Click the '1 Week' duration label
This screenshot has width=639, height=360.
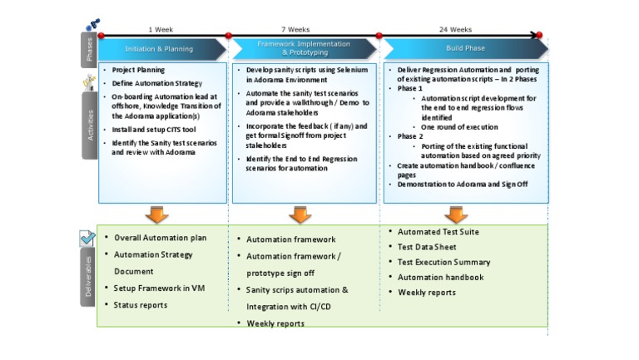tap(161, 29)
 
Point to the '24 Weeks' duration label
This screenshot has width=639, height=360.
tap(455, 29)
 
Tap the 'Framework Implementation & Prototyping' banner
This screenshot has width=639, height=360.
tap(303, 48)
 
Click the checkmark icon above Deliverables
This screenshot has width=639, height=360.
tap(88, 239)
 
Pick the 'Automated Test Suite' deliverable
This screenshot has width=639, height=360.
tap(438, 232)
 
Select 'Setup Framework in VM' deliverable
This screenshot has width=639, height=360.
tap(154, 288)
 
